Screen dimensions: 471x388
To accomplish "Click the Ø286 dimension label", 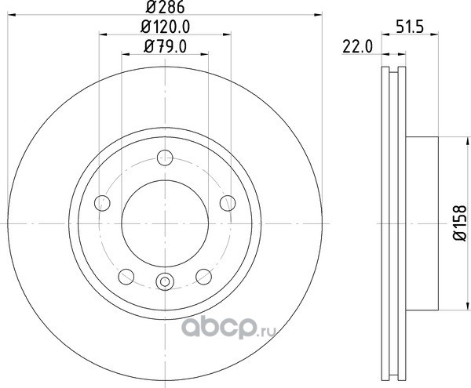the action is (x=165, y=7).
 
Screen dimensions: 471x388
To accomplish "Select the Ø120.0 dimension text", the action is (x=165, y=27).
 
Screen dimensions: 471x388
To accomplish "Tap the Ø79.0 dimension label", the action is (x=165, y=46).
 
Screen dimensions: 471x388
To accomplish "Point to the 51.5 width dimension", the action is (x=410, y=27).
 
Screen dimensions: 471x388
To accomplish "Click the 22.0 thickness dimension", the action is (x=357, y=47).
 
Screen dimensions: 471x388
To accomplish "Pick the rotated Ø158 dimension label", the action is (x=460, y=223).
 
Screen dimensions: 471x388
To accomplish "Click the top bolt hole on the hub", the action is (x=165, y=158).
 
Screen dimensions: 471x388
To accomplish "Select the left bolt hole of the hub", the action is (x=102, y=203).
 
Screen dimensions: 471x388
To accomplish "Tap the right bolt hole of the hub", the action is (x=228, y=203).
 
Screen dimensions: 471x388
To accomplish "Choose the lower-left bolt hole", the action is (x=126, y=277).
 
